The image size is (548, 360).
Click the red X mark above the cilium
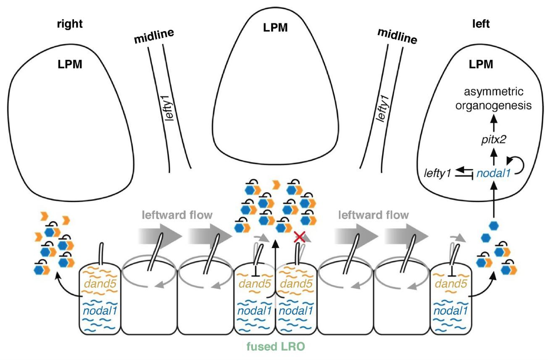tap(299, 238)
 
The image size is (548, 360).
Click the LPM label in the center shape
tap(275, 28)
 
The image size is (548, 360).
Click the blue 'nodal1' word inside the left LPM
tap(490, 172)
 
